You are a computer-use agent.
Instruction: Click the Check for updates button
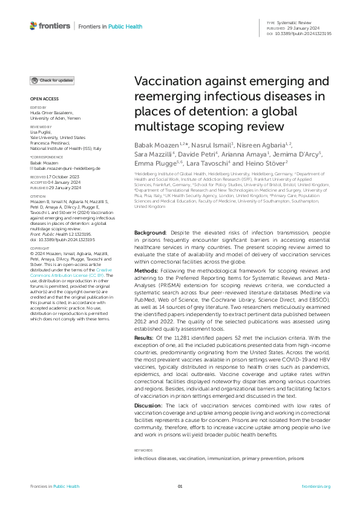coord(53,80)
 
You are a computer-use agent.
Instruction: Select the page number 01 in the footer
coord(180,487)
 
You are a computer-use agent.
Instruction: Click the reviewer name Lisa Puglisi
coord(42,132)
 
